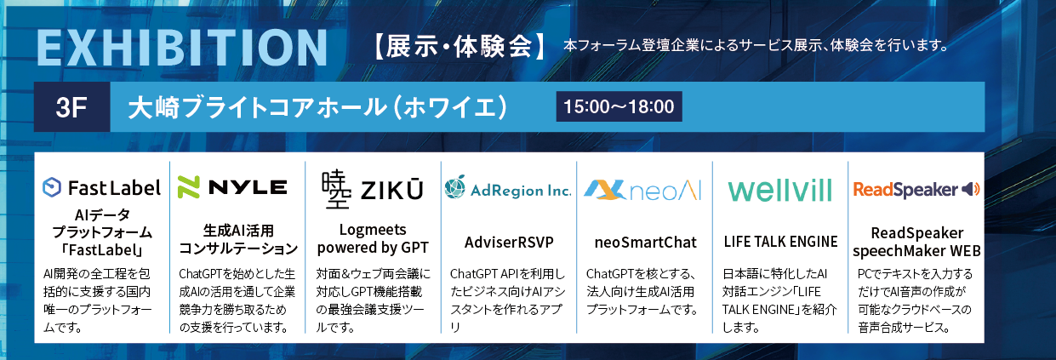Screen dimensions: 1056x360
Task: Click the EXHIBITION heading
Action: pyautogui.click(x=182, y=48)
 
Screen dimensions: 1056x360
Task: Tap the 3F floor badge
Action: pyautogui.click(x=71, y=107)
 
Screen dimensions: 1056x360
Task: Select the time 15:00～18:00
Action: pyautogui.click(x=619, y=106)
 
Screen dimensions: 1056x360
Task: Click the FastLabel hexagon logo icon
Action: pyautogui.click(x=52, y=187)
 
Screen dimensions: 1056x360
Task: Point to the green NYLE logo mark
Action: pyautogui.click(x=189, y=187)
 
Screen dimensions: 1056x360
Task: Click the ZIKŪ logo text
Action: pyautogui.click(x=391, y=190)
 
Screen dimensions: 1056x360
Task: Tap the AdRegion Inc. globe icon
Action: pyautogui.click(x=455, y=187)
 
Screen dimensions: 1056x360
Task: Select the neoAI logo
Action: pyautogui.click(x=642, y=190)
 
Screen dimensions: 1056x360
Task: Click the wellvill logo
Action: pyautogui.click(x=779, y=191)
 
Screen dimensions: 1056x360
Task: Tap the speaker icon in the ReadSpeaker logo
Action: pyautogui.click(x=971, y=189)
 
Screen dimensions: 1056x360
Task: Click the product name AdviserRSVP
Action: pyautogui.click(x=509, y=243)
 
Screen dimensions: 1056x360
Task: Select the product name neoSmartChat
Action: pyautogui.click(x=645, y=243)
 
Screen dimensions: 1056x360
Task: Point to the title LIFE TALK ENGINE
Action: pyautogui.click(x=780, y=242)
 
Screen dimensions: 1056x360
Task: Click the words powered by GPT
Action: pyautogui.click(x=373, y=248)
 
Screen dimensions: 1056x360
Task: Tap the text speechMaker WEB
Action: pyautogui.click(x=916, y=251)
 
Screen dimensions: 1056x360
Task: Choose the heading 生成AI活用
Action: pyautogui.click(x=238, y=231)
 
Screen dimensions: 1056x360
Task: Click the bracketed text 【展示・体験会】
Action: pyautogui.click(x=460, y=47)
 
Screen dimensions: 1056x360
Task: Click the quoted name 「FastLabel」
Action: pyautogui.click(x=102, y=249)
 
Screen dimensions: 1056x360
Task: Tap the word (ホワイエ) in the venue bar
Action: pyautogui.click(x=449, y=107)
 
